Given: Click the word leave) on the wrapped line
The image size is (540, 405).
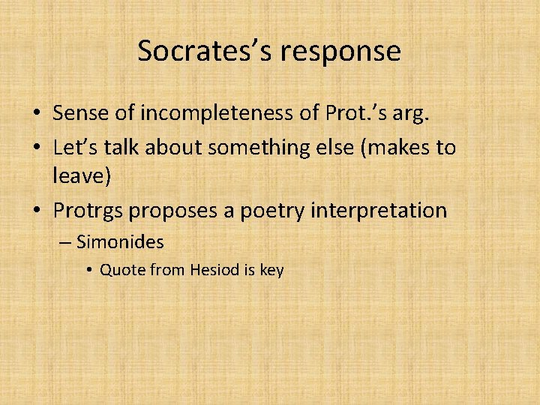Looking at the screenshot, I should point(79,178).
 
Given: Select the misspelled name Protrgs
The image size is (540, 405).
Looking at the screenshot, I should point(88,211).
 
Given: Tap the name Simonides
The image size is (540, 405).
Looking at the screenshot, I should point(120,242).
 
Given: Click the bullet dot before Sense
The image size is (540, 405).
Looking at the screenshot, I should point(36,114).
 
